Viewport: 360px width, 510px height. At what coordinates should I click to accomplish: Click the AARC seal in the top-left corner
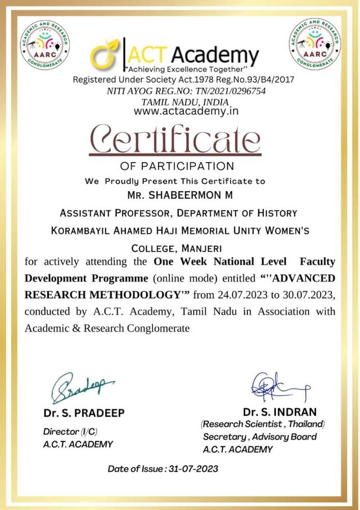45,45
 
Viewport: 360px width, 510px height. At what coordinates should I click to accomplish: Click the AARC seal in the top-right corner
315,44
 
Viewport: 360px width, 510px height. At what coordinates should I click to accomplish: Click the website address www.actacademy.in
186,111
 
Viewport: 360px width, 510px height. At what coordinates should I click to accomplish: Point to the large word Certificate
176,139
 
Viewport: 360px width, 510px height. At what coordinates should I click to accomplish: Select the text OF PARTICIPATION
177,166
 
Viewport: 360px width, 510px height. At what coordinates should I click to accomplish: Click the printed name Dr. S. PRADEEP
84,413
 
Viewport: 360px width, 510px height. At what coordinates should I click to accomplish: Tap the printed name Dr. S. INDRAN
280,412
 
